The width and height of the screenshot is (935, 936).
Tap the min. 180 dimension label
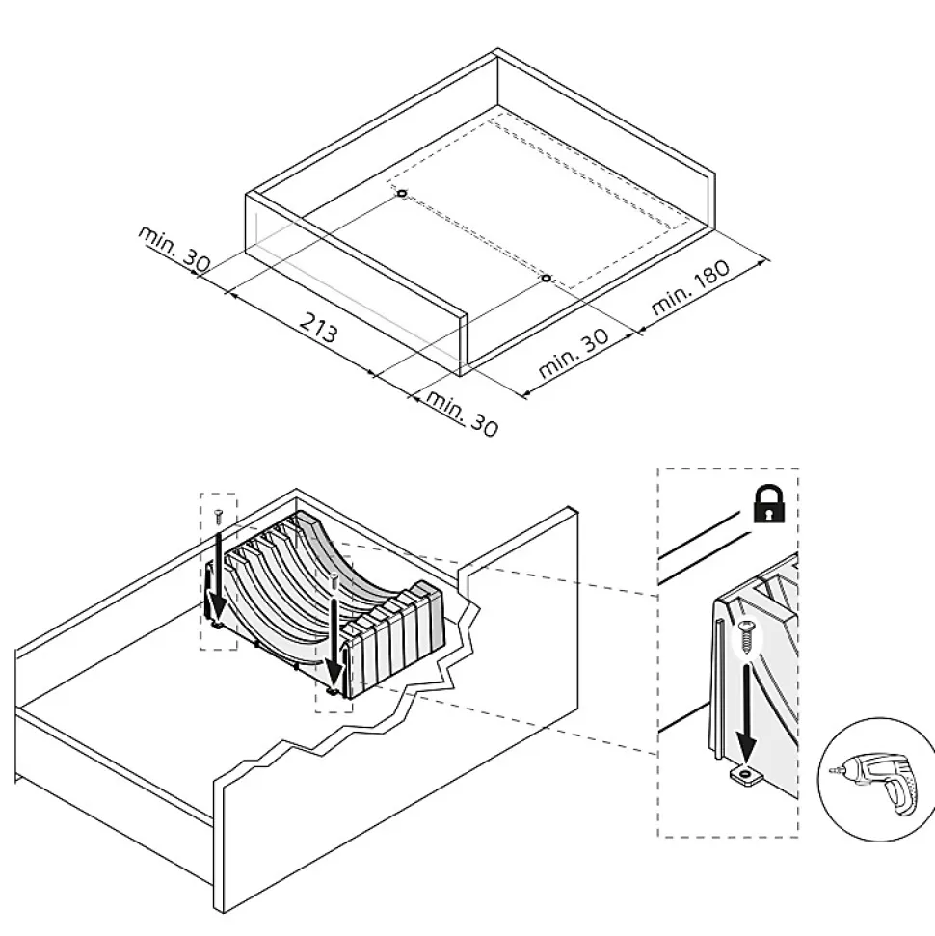click(690, 286)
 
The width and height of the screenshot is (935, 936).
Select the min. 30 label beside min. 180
click(574, 353)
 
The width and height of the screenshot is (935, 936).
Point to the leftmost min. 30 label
click(174, 248)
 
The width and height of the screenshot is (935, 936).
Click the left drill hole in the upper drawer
click(401, 193)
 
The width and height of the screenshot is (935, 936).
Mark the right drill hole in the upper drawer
click(546, 279)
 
